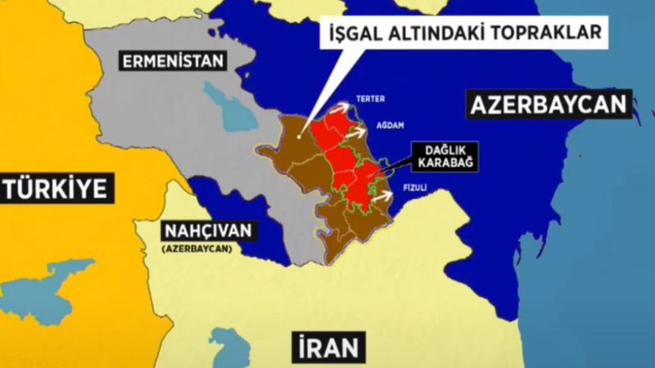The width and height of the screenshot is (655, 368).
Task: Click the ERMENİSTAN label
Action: pos(162,60)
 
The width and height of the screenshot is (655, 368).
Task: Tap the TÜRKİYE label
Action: pos(56,189)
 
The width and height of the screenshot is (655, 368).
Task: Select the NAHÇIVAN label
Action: pos(208,230)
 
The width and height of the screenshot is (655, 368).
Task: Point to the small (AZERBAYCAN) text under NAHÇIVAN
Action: pos(196,247)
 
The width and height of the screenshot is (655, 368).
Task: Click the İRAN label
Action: pos(325,347)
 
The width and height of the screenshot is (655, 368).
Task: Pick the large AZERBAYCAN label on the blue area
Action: pos(549,105)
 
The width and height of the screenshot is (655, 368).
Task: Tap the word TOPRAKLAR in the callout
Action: pos(556,34)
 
